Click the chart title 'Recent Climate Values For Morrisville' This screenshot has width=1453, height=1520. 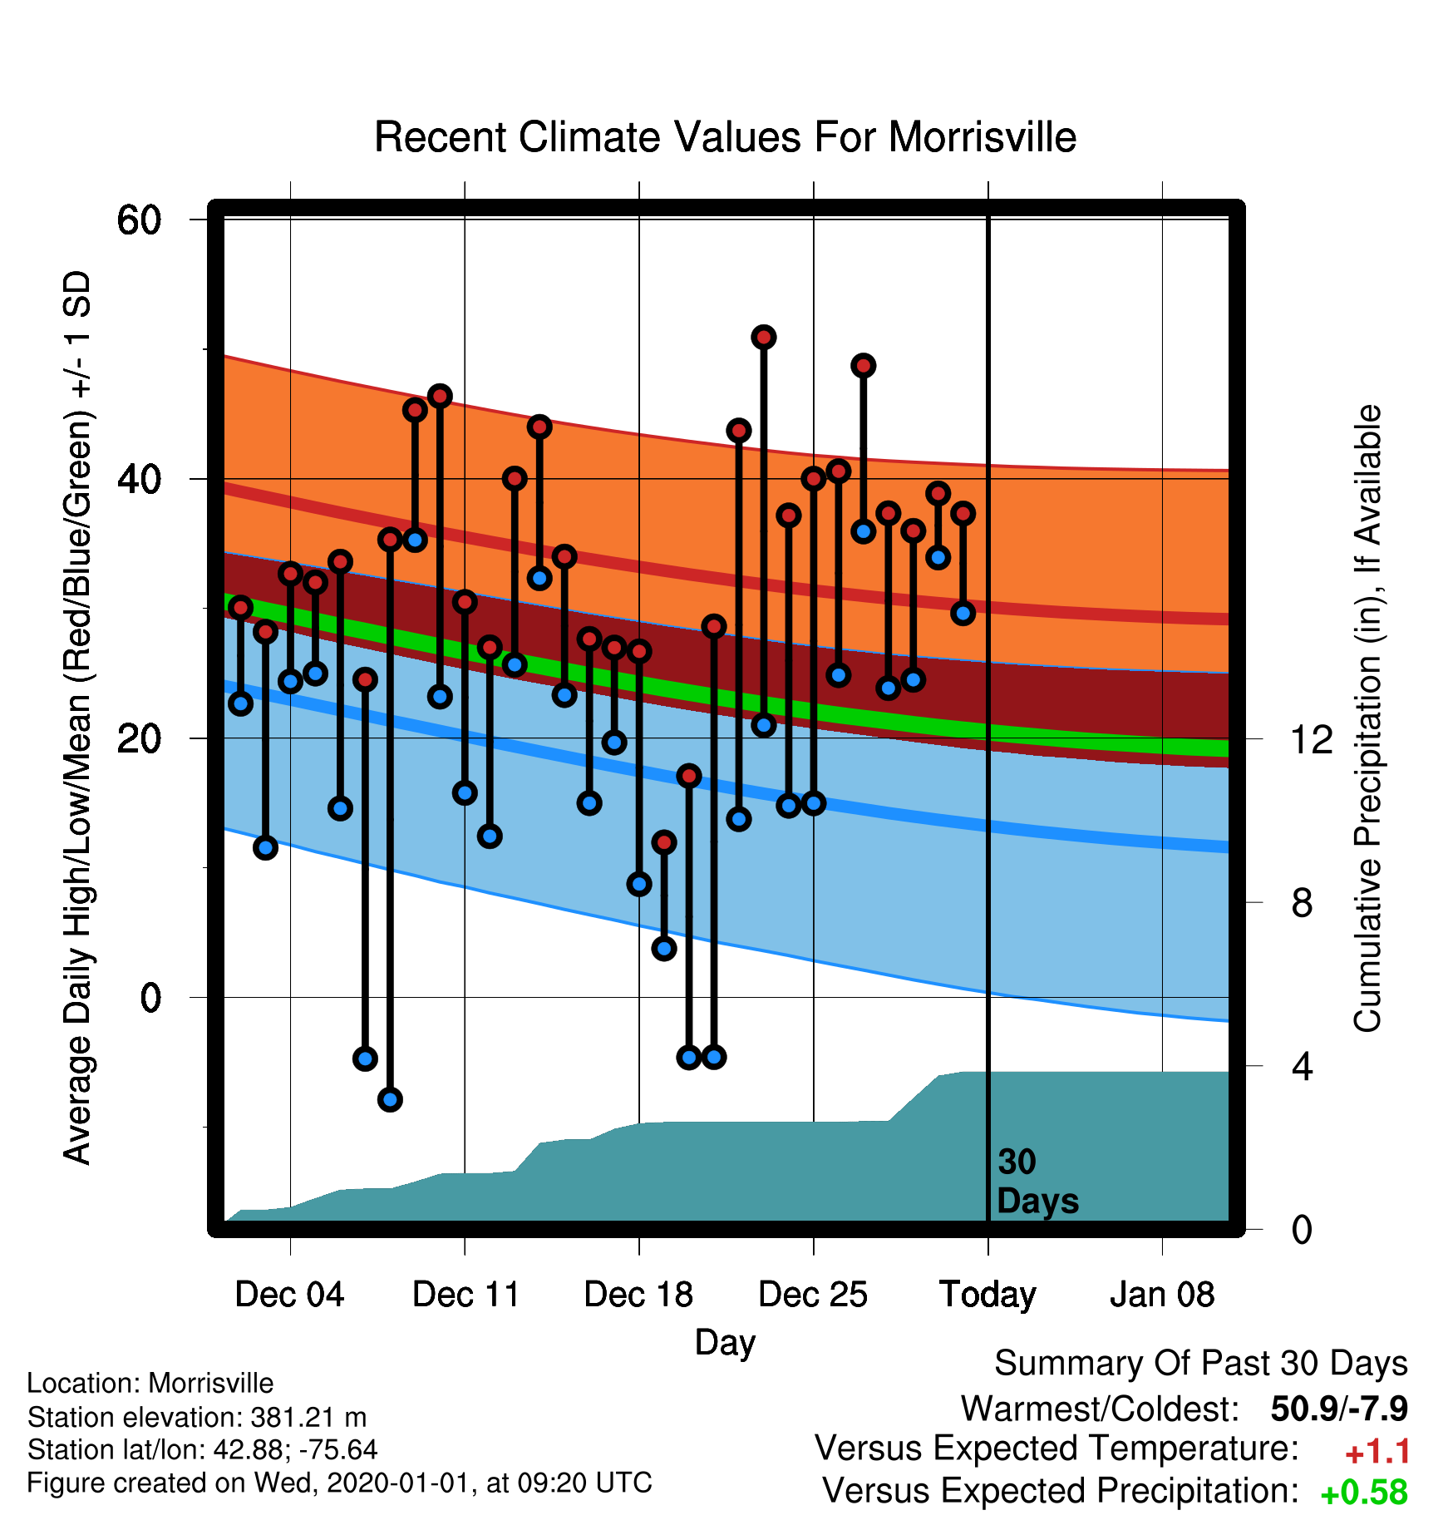pyautogui.click(x=725, y=137)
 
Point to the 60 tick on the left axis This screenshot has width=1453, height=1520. pyautogui.click(x=140, y=220)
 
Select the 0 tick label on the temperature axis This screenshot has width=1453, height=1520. pyautogui.click(x=150, y=997)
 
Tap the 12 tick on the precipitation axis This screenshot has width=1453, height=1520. pyautogui.click(x=1312, y=739)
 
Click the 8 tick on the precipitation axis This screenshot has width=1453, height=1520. pyautogui.click(x=1302, y=902)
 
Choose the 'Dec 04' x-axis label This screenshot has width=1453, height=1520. pyautogui.click(x=289, y=1295)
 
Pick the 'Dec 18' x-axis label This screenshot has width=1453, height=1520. pyautogui.click(x=638, y=1295)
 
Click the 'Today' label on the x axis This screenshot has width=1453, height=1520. pyautogui.click(x=988, y=1295)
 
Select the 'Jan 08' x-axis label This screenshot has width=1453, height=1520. pyautogui.click(x=1162, y=1295)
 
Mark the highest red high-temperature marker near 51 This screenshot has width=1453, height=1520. pyautogui.click(x=764, y=337)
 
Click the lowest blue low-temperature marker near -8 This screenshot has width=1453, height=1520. pyautogui.click(x=390, y=1099)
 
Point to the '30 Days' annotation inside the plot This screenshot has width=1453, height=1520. pyautogui.click(x=1037, y=1182)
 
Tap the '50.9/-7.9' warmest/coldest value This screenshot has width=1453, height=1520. pyautogui.click(x=1339, y=1409)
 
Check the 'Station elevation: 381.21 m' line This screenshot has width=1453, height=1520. pyautogui.click(x=197, y=1416)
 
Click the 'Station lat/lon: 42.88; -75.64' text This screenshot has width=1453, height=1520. pyautogui.click(x=202, y=1449)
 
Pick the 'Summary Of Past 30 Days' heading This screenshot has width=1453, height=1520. pyautogui.click(x=1201, y=1364)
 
